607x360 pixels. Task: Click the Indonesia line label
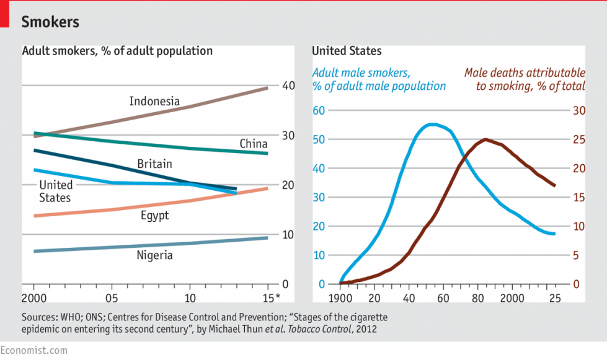[154, 102]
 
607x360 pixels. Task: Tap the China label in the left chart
[254, 144]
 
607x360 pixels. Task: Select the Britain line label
[154, 164]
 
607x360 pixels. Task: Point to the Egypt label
[154, 216]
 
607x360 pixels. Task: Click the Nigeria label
[154, 255]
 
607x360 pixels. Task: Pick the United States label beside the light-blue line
[55, 191]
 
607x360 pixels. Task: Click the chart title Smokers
[50, 22]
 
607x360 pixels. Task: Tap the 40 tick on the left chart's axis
[288, 86]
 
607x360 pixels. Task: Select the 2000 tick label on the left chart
[34, 298]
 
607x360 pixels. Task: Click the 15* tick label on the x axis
[271, 298]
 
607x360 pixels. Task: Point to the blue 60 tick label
[319, 110]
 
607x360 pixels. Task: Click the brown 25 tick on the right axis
[579, 139]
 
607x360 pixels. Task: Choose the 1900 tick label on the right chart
[340, 298]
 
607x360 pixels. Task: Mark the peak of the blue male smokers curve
[433, 125]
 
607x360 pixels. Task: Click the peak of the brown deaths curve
[485, 139]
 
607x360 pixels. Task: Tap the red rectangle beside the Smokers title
[4, 14]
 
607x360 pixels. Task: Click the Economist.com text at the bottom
[33, 350]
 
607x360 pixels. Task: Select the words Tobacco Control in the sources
[319, 329]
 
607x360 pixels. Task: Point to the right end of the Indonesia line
[267, 88]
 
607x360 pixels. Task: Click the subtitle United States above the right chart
[347, 51]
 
